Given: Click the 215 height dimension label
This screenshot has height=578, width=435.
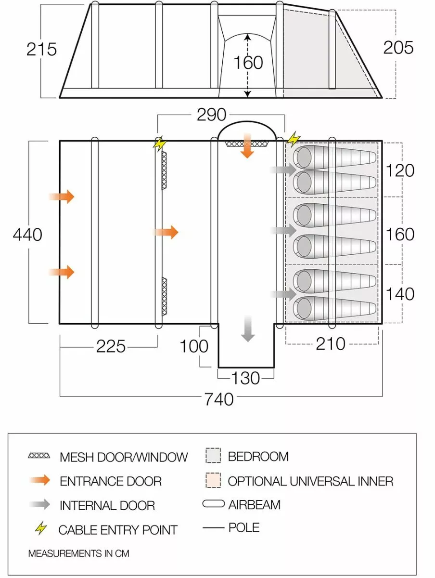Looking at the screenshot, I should [x=42, y=49].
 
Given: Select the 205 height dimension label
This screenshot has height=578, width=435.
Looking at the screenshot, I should [x=398, y=48].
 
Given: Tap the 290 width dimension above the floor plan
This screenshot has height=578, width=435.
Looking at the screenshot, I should [x=211, y=115].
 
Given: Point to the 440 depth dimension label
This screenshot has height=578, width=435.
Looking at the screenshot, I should [x=27, y=235].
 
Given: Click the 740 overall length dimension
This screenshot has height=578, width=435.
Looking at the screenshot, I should [x=219, y=399].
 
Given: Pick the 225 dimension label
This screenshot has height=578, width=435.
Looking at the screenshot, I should [x=111, y=346].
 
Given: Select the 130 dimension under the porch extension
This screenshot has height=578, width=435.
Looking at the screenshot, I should [x=246, y=378].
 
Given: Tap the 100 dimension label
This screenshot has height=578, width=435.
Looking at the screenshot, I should [x=194, y=346].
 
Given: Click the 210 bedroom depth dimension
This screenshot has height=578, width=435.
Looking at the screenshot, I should [x=331, y=343].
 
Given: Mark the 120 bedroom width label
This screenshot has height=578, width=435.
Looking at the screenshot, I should [x=400, y=171].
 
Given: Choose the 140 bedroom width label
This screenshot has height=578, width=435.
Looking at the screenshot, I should [x=400, y=294].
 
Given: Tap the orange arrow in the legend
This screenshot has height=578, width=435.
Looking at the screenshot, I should [x=39, y=480].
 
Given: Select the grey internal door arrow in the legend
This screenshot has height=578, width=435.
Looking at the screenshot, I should [x=39, y=505].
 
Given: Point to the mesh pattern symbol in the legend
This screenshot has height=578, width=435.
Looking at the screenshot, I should [x=39, y=456].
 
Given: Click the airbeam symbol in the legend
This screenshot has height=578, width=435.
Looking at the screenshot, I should [x=214, y=504].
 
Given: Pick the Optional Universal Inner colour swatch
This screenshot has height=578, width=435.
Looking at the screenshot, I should [x=213, y=480].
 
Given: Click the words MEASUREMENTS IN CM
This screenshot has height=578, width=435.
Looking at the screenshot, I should [x=78, y=553].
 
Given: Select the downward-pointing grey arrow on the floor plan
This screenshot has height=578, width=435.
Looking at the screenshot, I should [x=248, y=328].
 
